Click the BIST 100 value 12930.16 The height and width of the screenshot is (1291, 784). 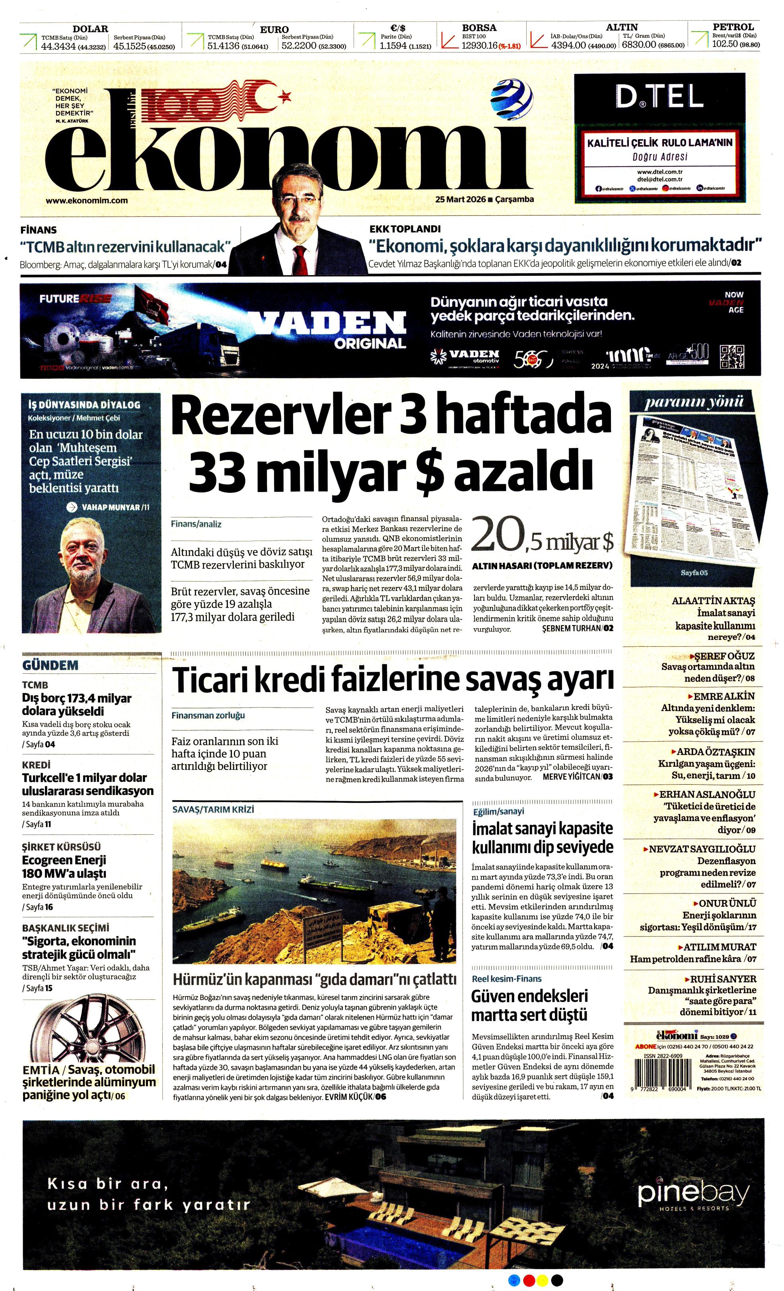coord(478,46)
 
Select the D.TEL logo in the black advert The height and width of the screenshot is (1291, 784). coord(659,97)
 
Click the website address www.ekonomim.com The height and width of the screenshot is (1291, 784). coord(87,200)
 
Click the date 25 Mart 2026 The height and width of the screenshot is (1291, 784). coord(460,199)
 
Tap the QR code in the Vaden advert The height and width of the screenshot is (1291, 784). coord(732,357)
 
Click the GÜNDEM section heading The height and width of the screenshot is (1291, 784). coord(51,665)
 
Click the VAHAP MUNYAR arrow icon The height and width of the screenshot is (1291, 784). coord(72,507)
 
